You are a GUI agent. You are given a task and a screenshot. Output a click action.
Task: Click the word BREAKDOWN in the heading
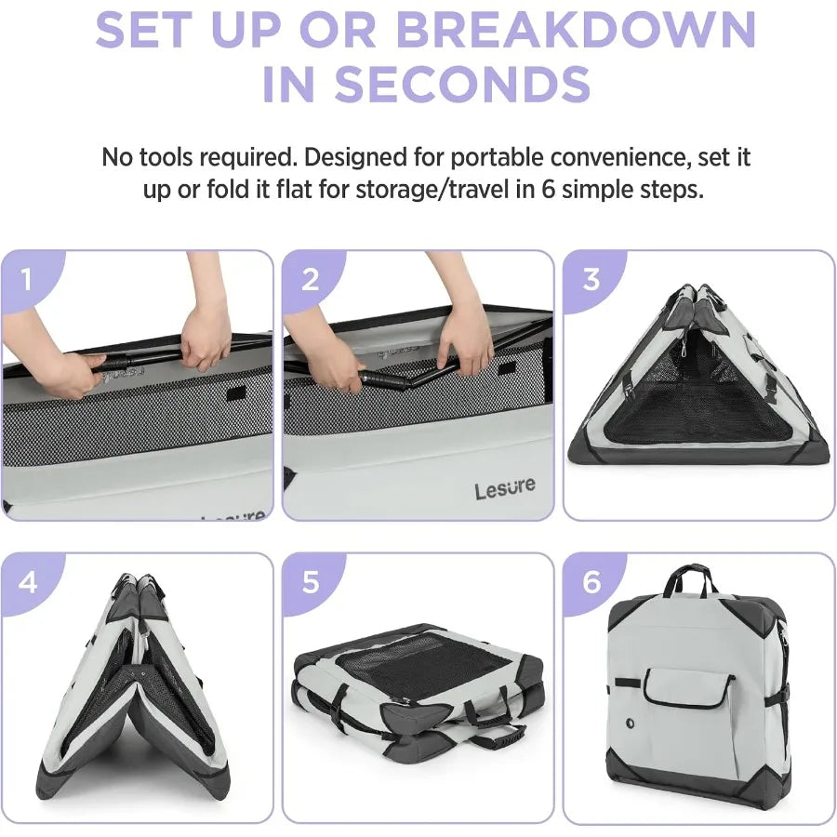point(576,30)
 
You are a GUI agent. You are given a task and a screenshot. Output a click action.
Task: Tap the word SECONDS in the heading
point(462,85)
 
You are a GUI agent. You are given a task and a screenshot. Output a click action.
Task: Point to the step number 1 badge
point(27,279)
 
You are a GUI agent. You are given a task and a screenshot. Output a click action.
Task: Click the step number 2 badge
point(311,279)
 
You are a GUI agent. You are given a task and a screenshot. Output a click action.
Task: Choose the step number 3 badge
point(591,279)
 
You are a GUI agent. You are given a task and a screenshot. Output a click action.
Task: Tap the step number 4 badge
point(28,582)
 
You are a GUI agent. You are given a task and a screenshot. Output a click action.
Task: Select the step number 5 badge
point(311,582)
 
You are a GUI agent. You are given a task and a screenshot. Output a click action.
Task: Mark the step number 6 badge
point(591,582)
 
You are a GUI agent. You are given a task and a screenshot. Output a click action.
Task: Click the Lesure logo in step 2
point(504,488)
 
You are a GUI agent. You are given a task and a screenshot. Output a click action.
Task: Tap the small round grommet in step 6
point(630,723)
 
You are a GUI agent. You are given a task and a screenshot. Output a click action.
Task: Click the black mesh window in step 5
point(421,661)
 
